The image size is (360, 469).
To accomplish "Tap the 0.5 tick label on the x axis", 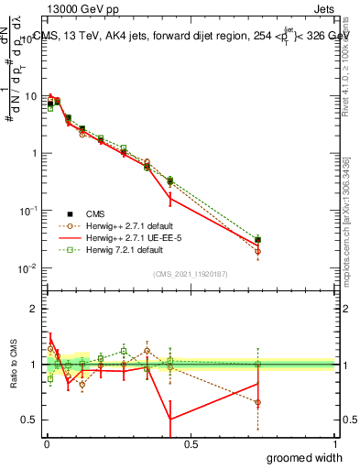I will (x=191, y=444).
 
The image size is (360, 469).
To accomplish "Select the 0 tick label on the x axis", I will (x=46, y=444).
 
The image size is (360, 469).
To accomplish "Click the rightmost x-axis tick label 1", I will (x=334, y=444).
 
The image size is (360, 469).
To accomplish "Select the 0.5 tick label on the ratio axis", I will (x=31, y=420).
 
